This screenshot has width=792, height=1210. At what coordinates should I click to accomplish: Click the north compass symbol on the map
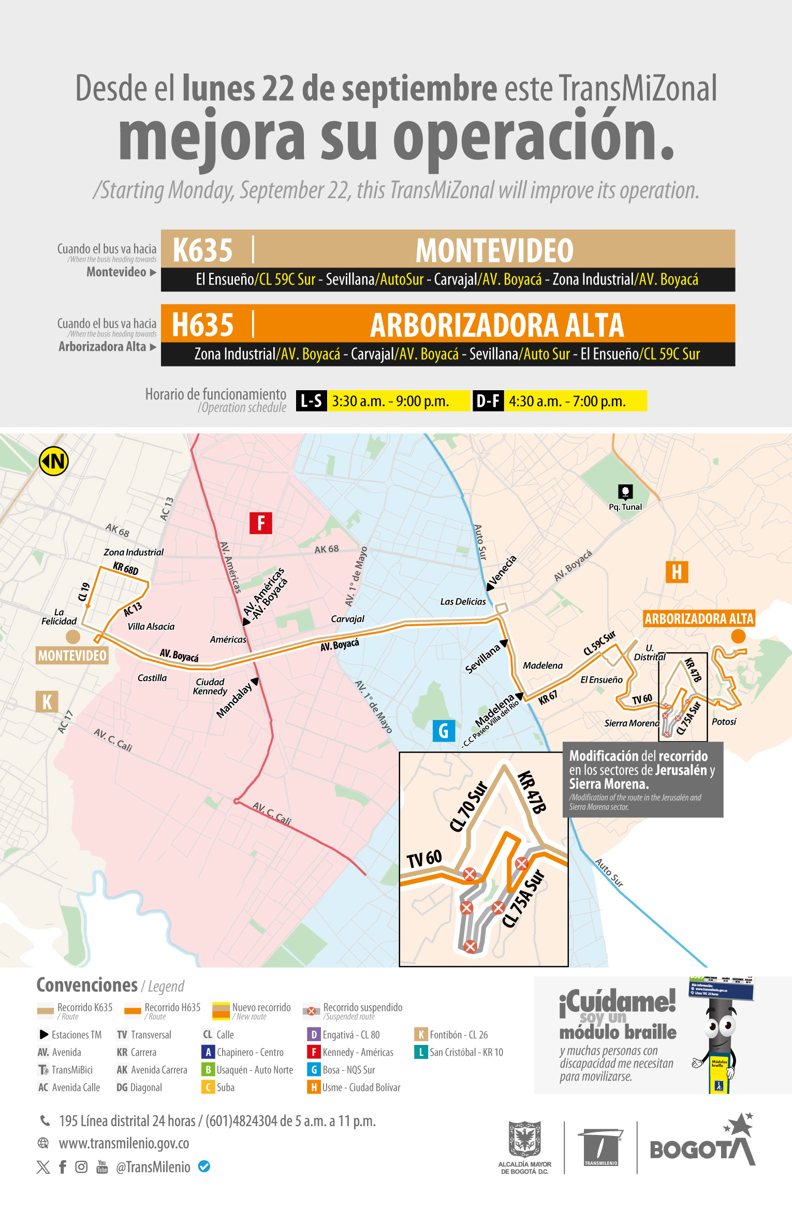click(54, 461)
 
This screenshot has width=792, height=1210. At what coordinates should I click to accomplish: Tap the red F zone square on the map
click(261, 523)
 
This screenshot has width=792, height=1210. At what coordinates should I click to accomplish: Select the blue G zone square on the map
click(444, 731)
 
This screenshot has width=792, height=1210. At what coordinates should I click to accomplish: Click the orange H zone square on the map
click(677, 572)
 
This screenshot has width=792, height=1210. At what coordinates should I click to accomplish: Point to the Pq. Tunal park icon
click(625, 492)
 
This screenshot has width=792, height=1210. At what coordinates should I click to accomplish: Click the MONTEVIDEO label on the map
click(72, 656)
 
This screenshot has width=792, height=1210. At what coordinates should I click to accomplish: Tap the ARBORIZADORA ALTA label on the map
click(699, 619)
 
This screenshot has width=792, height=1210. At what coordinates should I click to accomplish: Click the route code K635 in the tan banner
click(203, 250)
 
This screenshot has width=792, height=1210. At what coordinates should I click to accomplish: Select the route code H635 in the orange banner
click(203, 325)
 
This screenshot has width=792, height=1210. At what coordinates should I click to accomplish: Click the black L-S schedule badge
click(312, 401)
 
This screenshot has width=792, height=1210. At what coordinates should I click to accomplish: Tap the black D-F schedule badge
click(488, 401)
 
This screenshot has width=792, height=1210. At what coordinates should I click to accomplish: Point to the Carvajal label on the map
click(347, 619)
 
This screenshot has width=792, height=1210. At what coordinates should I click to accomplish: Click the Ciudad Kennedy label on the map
click(210, 686)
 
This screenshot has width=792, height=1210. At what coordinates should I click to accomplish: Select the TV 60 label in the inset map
click(424, 859)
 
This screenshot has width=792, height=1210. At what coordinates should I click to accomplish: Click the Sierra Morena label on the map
click(632, 723)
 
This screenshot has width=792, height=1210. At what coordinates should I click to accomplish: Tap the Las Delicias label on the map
click(463, 601)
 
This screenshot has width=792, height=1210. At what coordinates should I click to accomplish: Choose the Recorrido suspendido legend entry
click(362, 1008)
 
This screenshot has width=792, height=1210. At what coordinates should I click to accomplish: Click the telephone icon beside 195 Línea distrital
click(45, 1121)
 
